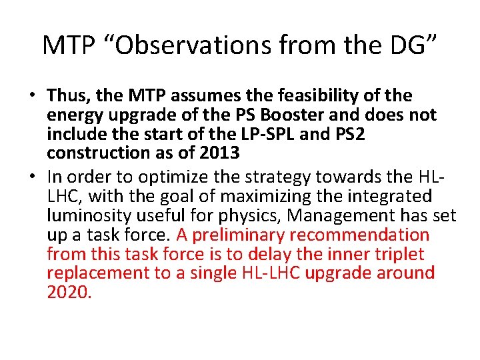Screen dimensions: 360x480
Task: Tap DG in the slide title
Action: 407,45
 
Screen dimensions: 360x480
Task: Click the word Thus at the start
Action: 67,96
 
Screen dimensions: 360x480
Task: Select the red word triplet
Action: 399,253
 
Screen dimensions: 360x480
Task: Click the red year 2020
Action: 68,291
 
